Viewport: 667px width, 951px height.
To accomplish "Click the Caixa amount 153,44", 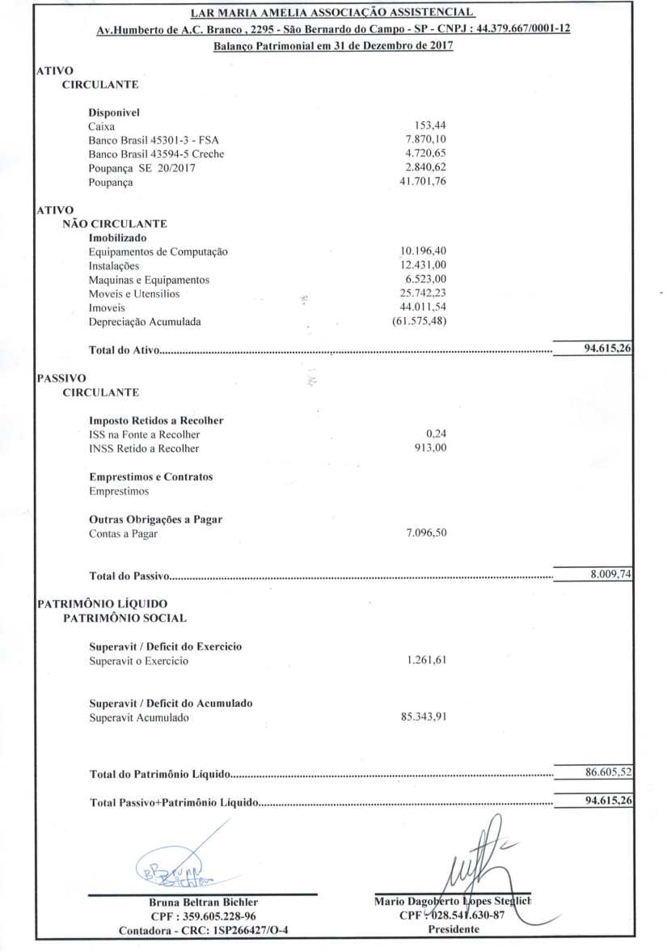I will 429,125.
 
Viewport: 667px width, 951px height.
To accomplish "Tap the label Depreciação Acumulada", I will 145,322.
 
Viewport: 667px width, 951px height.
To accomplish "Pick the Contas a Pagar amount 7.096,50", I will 425,534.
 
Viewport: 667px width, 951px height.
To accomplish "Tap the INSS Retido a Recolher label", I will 144,448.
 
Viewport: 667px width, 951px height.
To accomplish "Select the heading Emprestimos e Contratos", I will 150,477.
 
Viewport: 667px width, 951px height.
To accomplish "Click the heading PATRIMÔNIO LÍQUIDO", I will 103,603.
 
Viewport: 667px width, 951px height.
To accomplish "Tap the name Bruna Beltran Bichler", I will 204,902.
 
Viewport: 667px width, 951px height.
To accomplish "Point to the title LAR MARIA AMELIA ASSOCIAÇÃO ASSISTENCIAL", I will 332,14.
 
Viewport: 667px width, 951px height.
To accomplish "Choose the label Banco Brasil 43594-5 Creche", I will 156,154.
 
